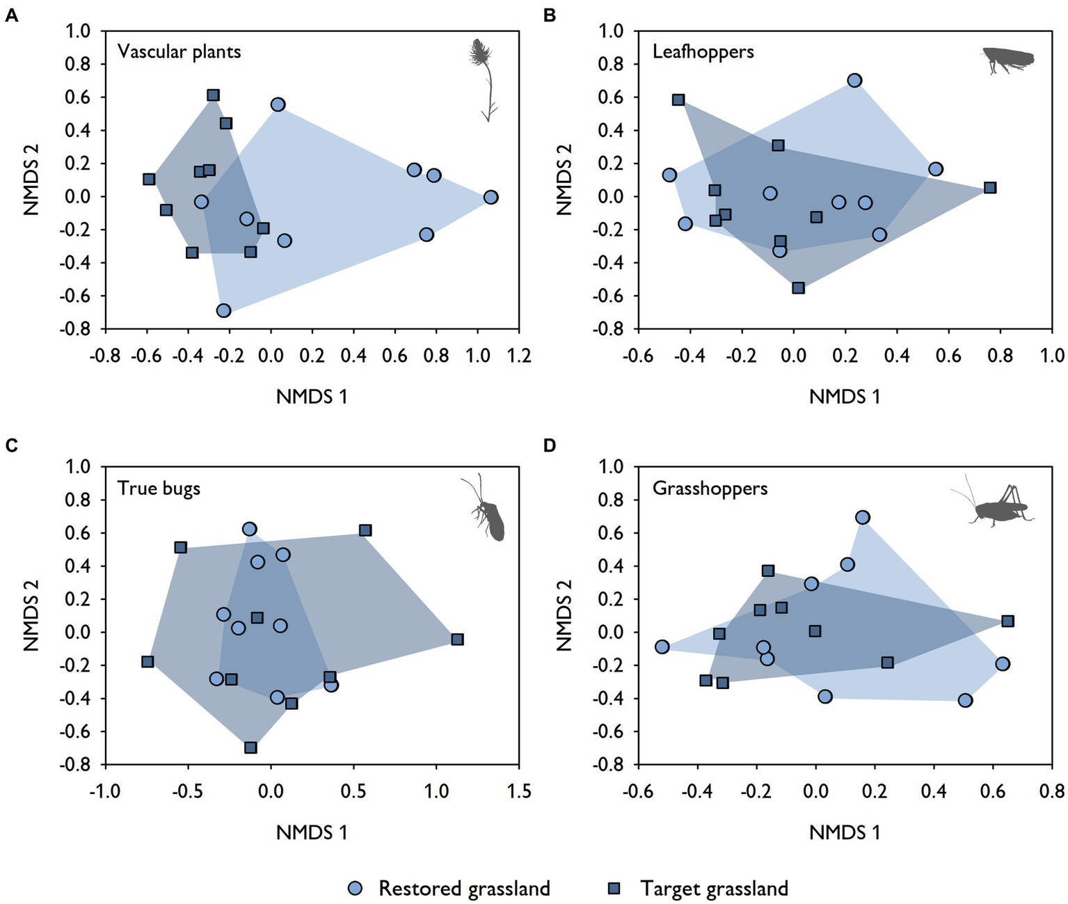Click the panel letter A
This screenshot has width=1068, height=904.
11,15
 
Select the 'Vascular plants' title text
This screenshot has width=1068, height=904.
179,51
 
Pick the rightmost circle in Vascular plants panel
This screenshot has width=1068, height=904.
491,197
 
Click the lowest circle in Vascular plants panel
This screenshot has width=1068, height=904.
223,310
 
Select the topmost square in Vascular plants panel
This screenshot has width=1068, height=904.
214,95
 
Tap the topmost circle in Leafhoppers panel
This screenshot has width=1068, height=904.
854,80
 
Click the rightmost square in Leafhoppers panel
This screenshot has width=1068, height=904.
990,187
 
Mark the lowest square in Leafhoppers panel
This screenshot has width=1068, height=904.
798,287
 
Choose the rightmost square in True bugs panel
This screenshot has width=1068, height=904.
457,639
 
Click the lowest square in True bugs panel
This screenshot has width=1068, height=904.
250,747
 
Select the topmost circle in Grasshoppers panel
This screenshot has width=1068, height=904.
863,517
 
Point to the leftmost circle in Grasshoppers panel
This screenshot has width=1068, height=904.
662,647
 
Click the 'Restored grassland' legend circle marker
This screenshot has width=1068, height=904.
355,888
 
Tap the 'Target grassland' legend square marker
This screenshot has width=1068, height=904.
614,888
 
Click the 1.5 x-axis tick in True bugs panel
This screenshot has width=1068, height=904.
519,791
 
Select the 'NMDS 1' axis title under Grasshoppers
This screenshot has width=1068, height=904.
845,832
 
